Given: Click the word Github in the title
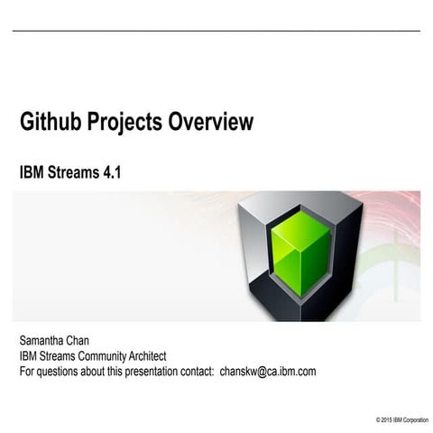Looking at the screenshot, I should click(x=51, y=122).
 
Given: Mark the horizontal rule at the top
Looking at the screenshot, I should click(x=216, y=31).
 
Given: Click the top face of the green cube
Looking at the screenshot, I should click(x=301, y=224).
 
